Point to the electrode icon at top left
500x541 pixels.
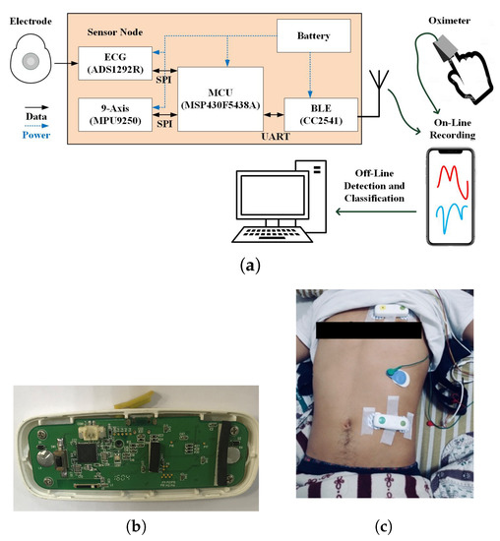click(31, 65)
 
